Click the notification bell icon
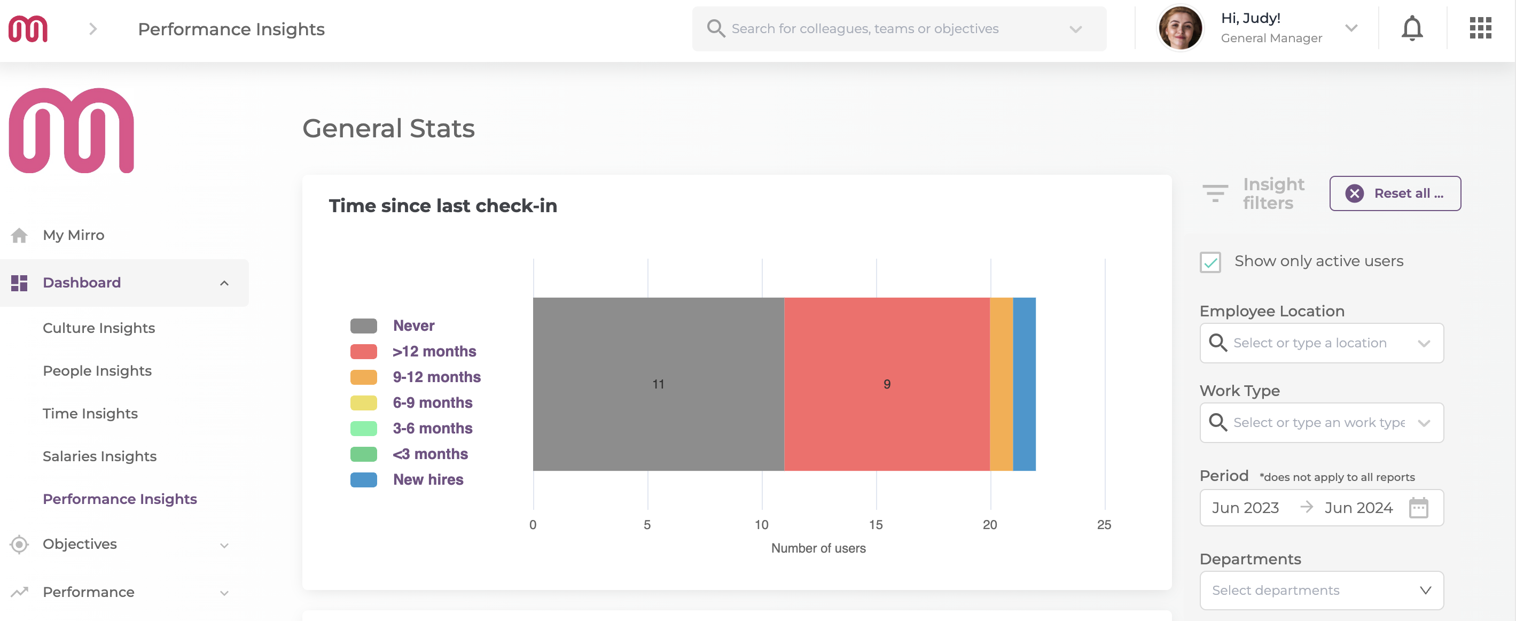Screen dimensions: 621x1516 click(x=1411, y=29)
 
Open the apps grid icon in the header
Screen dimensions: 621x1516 click(x=1480, y=28)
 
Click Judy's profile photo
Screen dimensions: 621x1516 click(x=1179, y=28)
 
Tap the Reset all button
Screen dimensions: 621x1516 click(x=1394, y=193)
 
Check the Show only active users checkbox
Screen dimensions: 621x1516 click(x=1210, y=262)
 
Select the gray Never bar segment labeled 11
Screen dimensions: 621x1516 click(x=658, y=384)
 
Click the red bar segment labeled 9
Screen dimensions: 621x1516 click(x=886, y=384)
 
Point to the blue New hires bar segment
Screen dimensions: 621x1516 click(x=1024, y=384)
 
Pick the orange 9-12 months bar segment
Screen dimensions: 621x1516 click(x=1001, y=384)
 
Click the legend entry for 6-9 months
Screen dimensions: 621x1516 click(x=432, y=402)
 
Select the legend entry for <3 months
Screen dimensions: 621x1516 click(x=429, y=454)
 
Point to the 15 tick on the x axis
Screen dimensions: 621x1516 click(x=876, y=524)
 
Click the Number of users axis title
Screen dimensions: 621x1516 click(x=818, y=548)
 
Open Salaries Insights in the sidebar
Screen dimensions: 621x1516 click(x=99, y=456)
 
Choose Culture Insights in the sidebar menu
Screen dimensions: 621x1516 click(x=99, y=328)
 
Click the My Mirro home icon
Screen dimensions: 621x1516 click(x=19, y=236)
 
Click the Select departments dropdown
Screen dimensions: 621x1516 click(x=1320, y=590)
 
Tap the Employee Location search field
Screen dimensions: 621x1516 click(x=1320, y=343)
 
